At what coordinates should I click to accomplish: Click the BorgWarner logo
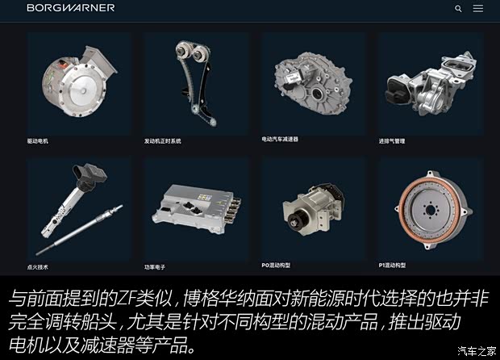[x=70, y=8]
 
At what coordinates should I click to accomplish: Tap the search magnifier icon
[x=458, y=9]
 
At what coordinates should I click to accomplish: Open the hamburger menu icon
[x=478, y=9]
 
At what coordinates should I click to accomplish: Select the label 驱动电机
[x=38, y=141]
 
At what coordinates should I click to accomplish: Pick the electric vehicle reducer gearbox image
[x=313, y=85]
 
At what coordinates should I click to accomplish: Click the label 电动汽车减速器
[x=280, y=139]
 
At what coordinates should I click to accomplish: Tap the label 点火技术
[x=38, y=266]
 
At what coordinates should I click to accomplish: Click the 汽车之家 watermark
[x=477, y=350]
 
